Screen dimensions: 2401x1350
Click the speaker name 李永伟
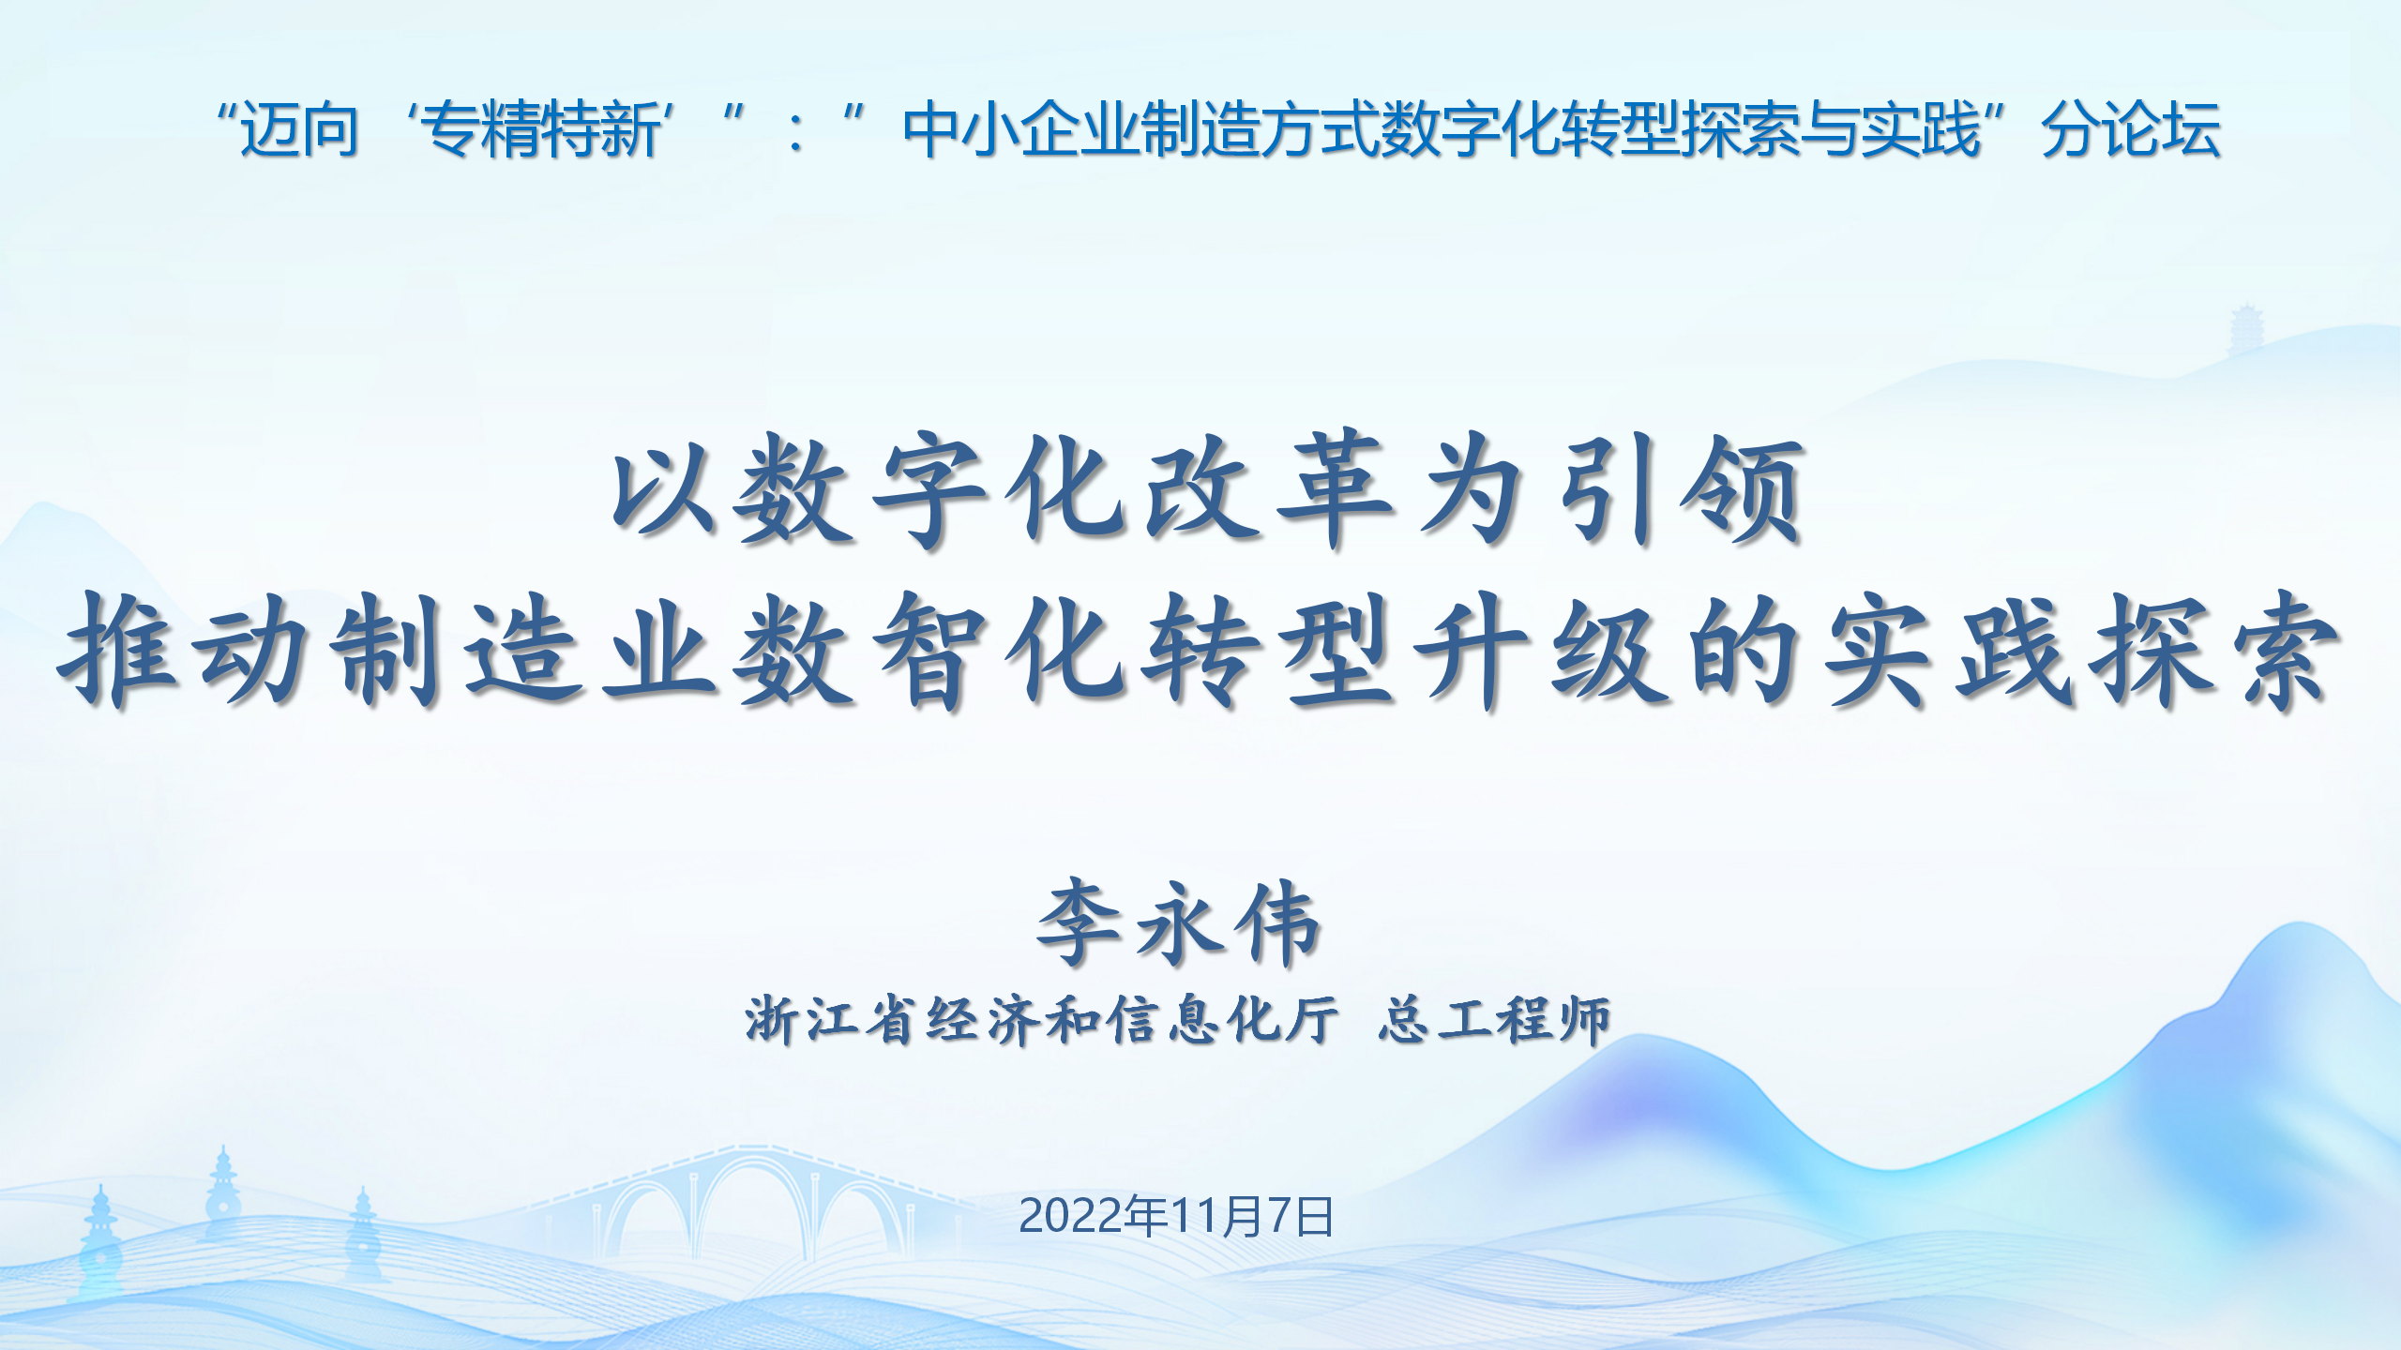tap(1180, 923)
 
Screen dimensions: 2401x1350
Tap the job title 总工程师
tap(1494, 1020)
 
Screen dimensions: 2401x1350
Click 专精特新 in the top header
tap(543, 129)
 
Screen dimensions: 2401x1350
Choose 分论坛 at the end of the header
tap(2131, 129)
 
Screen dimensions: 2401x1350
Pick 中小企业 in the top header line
tap(1021, 129)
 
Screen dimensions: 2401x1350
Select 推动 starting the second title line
tap(183, 649)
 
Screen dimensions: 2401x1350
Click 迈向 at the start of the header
tap(299, 129)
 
